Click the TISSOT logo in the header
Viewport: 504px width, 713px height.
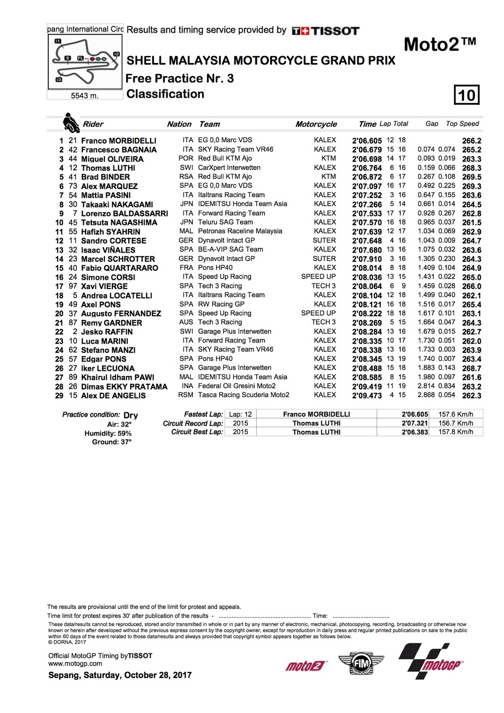[326, 31]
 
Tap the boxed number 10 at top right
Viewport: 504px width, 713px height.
[467, 95]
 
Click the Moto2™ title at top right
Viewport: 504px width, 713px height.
[440, 44]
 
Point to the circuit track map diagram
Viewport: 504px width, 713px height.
[85, 62]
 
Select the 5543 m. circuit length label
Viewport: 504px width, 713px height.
[85, 96]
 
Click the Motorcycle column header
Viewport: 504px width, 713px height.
[316, 124]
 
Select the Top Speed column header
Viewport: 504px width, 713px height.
[462, 124]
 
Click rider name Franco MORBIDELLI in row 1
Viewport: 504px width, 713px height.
[118, 141]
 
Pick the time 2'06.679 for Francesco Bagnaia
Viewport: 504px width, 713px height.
[367, 150]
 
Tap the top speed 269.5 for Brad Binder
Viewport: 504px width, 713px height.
[472, 177]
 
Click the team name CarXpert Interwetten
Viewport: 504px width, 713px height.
[229, 168]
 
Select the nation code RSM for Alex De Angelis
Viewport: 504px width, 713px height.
[186, 395]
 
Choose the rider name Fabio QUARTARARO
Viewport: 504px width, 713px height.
[120, 268]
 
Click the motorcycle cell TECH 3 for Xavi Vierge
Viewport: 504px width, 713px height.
[323, 286]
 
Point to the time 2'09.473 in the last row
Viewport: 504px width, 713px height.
[367, 396]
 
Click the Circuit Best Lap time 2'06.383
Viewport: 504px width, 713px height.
[415, 432]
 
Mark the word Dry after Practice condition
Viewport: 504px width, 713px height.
[131, 415]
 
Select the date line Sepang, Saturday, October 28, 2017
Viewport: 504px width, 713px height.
[120, 675]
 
